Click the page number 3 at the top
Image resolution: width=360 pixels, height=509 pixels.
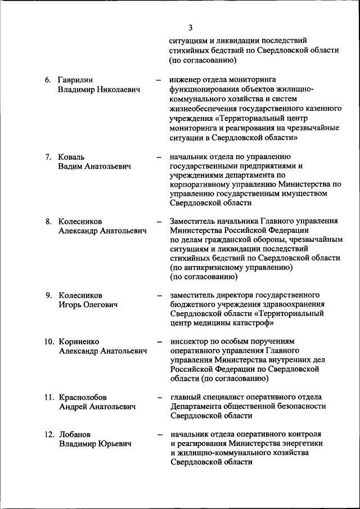pos(191,28)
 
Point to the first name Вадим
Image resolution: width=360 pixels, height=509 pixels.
pos(71,166)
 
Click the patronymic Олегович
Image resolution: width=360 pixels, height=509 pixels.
pos(100,304)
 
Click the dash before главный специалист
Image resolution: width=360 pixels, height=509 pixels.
pos(160,397)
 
